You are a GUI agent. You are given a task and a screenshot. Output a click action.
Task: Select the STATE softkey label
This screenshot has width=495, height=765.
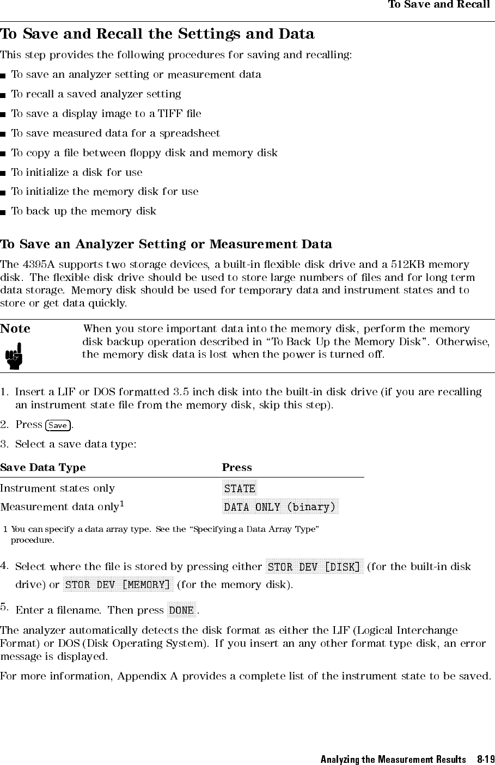pos(240,488)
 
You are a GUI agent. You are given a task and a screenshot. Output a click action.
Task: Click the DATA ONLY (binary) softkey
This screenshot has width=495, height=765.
pos(280,507)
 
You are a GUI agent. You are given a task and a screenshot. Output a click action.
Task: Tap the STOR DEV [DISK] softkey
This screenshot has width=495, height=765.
pos(314,567)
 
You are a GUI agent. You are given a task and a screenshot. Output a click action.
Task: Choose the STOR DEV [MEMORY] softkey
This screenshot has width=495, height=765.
pos(118,585)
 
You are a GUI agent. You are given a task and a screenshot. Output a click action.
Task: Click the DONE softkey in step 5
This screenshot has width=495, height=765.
pos(181,610)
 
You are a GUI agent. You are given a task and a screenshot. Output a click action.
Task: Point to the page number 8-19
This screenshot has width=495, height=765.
pos(485,759)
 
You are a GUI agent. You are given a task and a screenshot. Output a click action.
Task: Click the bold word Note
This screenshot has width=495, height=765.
pos(15,329)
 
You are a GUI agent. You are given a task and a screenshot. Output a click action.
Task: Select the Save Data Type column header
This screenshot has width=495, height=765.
pos(43,468)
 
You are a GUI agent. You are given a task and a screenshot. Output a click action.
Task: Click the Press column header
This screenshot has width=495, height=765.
pos(237,468)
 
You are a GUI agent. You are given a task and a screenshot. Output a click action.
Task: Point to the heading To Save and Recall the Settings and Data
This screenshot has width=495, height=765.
pos(157,34)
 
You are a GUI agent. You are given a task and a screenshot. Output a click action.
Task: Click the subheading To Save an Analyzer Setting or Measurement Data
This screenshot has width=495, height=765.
pos(166,244)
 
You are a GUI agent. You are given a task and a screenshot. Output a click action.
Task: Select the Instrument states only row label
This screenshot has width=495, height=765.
pos(58,488)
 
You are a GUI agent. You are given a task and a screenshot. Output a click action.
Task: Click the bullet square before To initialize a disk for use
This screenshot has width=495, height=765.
pos(4,173)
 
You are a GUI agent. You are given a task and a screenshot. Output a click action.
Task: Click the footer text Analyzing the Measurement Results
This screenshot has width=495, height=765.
pos(393,759)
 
